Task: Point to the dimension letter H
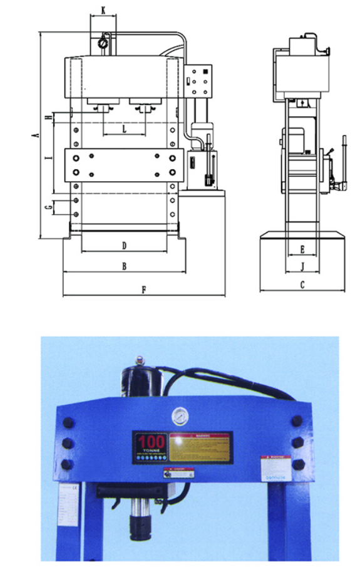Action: click(48, 118)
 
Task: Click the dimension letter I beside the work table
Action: click(48, 159)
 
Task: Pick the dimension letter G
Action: click(48, 207)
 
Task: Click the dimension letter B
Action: click(124, 266)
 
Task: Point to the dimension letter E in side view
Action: click(302, 249)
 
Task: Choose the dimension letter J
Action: click(302, 266)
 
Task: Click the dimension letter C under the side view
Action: click(302, 285)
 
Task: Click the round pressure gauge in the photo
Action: click(180, 416)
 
